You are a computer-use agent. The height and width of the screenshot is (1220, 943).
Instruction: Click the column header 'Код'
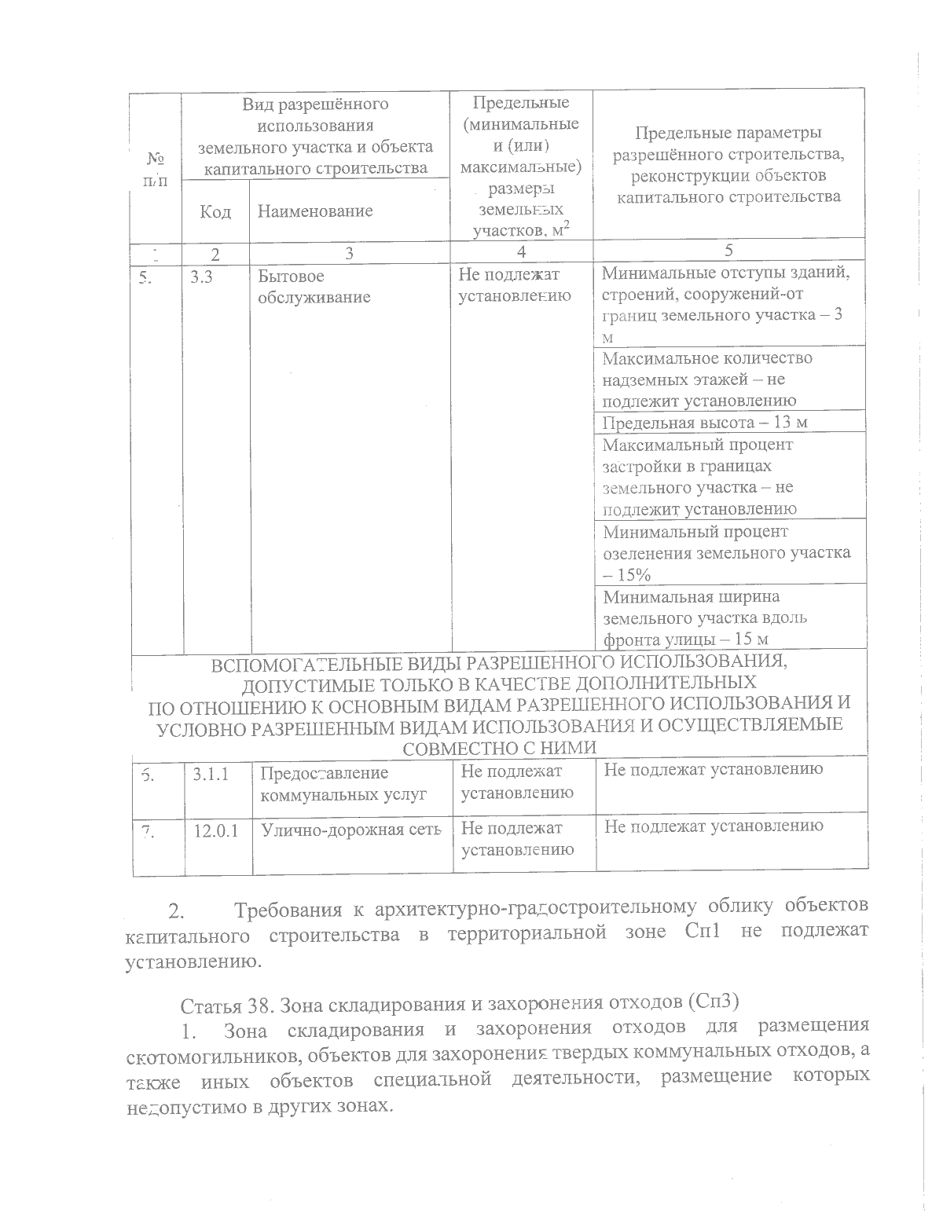(215, 211)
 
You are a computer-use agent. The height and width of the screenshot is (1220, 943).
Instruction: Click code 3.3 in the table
(202, 277)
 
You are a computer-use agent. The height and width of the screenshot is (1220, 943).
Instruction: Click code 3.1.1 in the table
(211, 773)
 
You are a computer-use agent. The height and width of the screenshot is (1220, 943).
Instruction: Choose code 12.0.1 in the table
(217, 830)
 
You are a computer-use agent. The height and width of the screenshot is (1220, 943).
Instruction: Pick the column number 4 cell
(521, 251)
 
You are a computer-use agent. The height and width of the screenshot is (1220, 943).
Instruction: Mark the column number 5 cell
(728, 251)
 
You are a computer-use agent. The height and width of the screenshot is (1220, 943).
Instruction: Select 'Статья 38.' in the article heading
(224, 1005)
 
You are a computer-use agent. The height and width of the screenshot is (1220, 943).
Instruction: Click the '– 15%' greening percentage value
(626, 575)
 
